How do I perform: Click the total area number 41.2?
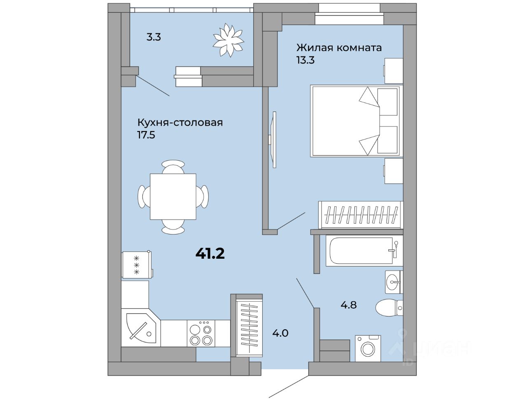[210, 253]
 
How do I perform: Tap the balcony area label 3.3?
[154, 37]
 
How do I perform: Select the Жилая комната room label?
[339, 47]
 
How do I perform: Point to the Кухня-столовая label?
[180, 122]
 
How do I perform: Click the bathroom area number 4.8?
[349, 305]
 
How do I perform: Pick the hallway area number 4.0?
[280, 333]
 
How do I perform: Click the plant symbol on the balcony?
[229, 40]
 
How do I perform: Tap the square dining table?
[173, 197]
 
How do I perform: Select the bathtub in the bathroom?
[364, 250]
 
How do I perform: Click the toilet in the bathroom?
[389, 308]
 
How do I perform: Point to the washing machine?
[368, 349]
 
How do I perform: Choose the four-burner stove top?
[201, 333]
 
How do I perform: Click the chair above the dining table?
[173, 167]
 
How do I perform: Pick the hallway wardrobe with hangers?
[250, 325]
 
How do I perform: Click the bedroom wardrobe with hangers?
[361, 215]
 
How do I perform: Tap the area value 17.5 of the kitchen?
[146, 135]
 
